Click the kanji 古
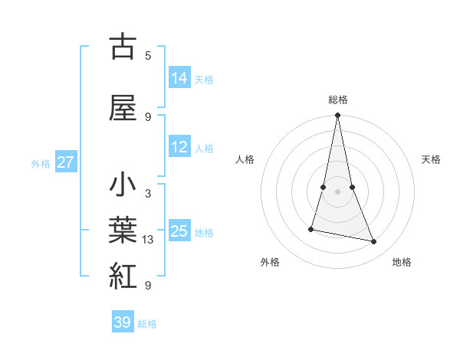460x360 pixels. tap(123, 47)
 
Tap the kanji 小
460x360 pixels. tap(123, 186)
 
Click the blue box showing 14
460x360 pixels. tap(179, 78)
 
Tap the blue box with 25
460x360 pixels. tap(179, 231)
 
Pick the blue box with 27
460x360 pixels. tap(66, 162)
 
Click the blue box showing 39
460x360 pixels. tap(123, 322)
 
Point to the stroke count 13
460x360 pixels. tap(148, 240)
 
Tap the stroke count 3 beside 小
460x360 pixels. tap(148, 194)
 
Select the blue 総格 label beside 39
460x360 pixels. tap(147, 324)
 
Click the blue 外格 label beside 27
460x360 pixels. tap(41, 163)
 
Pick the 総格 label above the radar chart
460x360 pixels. tap(337, 100)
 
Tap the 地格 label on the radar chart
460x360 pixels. tap(402, 262)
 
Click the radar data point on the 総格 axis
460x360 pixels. tap(337, 116)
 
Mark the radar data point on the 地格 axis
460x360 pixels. tap(374, 242)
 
